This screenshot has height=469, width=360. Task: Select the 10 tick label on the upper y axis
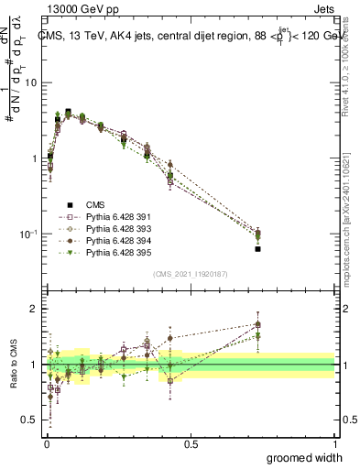tap(30, 82)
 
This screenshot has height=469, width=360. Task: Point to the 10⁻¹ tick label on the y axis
tap(27, 234)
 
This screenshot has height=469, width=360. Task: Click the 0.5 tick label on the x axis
tap(191, 443)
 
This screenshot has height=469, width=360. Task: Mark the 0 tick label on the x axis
tap(46, 443)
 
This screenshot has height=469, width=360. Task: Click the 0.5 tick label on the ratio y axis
tap(28, 420)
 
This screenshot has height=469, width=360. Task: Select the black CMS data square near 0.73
tap(258, 249)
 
